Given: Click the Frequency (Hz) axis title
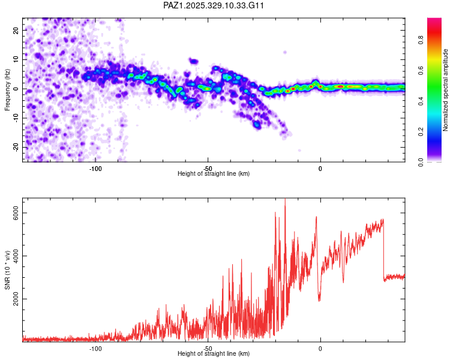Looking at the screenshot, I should pos(7,89).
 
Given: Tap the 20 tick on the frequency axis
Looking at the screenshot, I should pos(17,30).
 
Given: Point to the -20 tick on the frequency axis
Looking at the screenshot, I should pos(16,147).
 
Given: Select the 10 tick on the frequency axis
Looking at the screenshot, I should pos(17,59).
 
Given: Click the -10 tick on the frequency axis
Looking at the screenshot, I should pos(16,118).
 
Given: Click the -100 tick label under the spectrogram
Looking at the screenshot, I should pos(95,167).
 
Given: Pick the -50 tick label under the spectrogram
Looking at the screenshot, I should pos(208,167).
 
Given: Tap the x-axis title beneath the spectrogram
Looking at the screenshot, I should pos(214,173).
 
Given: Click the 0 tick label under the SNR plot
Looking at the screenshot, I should pos(320,348).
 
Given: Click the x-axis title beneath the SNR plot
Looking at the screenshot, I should pos(214,353).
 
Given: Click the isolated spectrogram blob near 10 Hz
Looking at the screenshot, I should pos(193,61).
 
